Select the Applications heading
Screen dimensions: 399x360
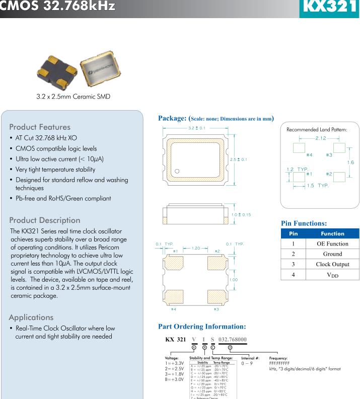36,317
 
